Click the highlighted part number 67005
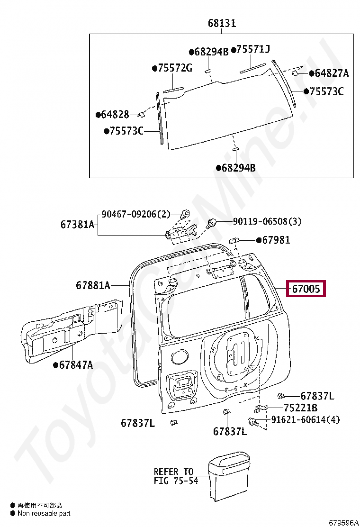pyautogui.click(x=306, y=288)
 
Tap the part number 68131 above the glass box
pyautogui.click(x=222, y=23)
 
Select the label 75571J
pyautogui.click(x=253, y=49)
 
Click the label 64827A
pyautogui.click(x=331, y=73)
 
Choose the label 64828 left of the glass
pyautogui.click(x=115, y=114)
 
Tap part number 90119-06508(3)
pyautogui.click(x=267, y=221)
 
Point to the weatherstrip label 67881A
pyautogui.click(x=93, y=285)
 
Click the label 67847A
pyautogui.click(x=76, y=364)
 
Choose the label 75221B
pyautogui.click(x=301, y=408)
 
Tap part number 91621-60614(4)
pyautogui.click(x=305, y=420)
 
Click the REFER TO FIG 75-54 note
pyautogui.click(x=174, y=476)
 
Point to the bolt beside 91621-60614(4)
pyautogui.click(x=252, y=421)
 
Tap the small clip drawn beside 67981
pyautogui.click(x=234, y=240)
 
